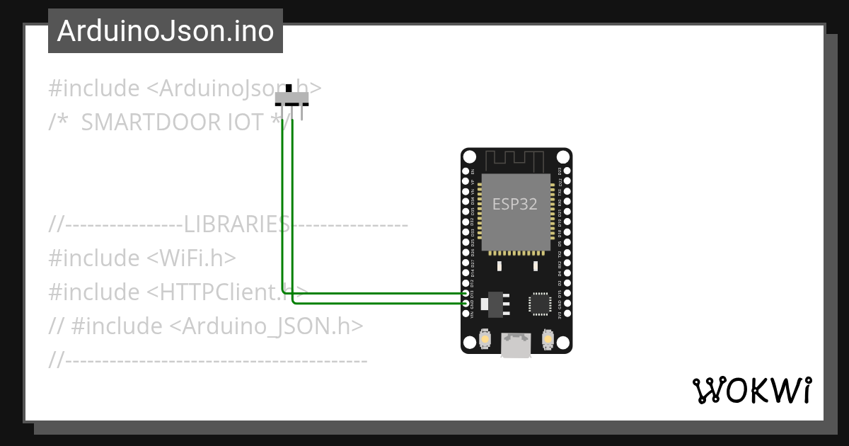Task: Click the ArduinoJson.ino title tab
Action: click(166, 31)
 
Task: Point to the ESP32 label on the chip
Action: click(515, 205)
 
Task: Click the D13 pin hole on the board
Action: click(466, 293)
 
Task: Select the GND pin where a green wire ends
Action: click(466, 304)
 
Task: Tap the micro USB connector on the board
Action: click(516, 345)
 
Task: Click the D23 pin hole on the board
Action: click(567, 171)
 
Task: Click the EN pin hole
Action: click(466, 171)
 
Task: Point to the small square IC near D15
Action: click(540, 304)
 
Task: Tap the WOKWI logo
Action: click(751, 390)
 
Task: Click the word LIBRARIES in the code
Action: click(236, 225)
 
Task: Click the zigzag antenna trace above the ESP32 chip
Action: click(516, 159)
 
